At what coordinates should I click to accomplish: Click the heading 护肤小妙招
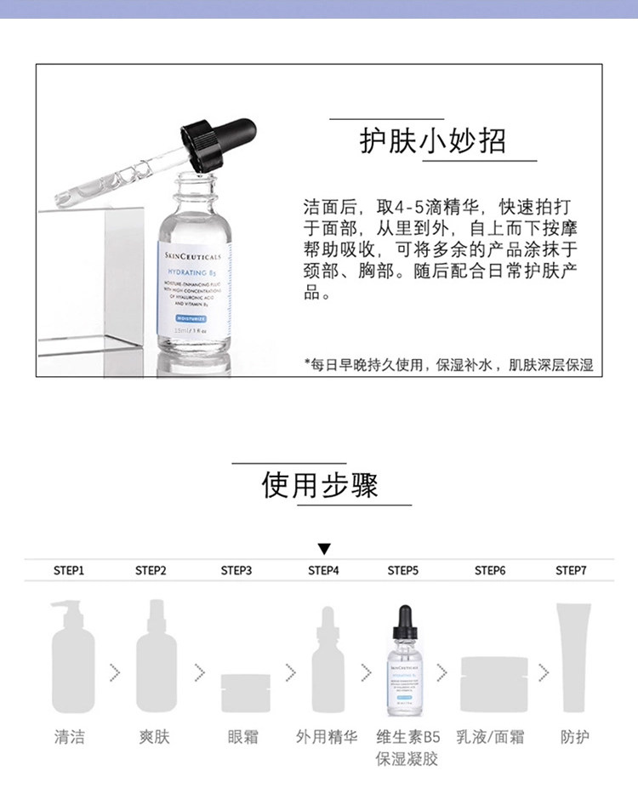432,141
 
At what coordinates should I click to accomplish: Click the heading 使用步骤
319,485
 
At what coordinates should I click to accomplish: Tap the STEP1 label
69,570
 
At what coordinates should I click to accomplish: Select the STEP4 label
323,570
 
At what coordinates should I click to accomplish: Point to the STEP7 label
571,570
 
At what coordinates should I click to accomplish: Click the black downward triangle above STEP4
324,550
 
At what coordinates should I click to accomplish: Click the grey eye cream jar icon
246,692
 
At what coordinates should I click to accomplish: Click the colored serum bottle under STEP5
406,660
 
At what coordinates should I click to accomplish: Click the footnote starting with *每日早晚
448,365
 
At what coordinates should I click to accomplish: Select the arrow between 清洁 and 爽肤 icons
115,671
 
